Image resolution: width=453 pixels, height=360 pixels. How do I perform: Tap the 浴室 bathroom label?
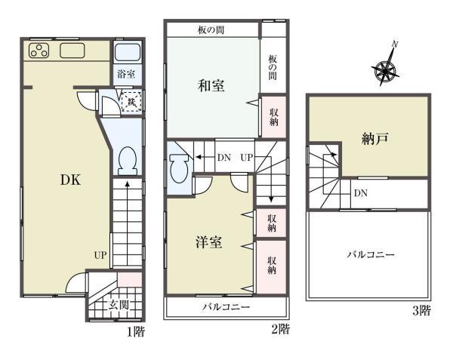tap(126, 74)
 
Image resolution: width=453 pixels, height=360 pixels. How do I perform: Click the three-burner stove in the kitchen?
tap(38, 51)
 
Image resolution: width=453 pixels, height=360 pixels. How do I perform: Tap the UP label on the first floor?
tap(100, 254)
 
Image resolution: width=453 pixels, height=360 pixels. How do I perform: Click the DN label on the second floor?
tap(224, 158)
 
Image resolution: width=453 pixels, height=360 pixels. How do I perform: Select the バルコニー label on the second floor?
tap(226, 307)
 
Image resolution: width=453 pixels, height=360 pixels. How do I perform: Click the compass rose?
tap(387, 70)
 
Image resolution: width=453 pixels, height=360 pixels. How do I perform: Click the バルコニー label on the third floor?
tap(370, 254)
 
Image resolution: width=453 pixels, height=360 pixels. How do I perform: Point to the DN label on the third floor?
tap(361, 193)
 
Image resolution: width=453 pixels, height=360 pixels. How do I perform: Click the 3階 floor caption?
tap(421, 309)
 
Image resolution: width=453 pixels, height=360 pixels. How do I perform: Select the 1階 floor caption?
tap(135, 331)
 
